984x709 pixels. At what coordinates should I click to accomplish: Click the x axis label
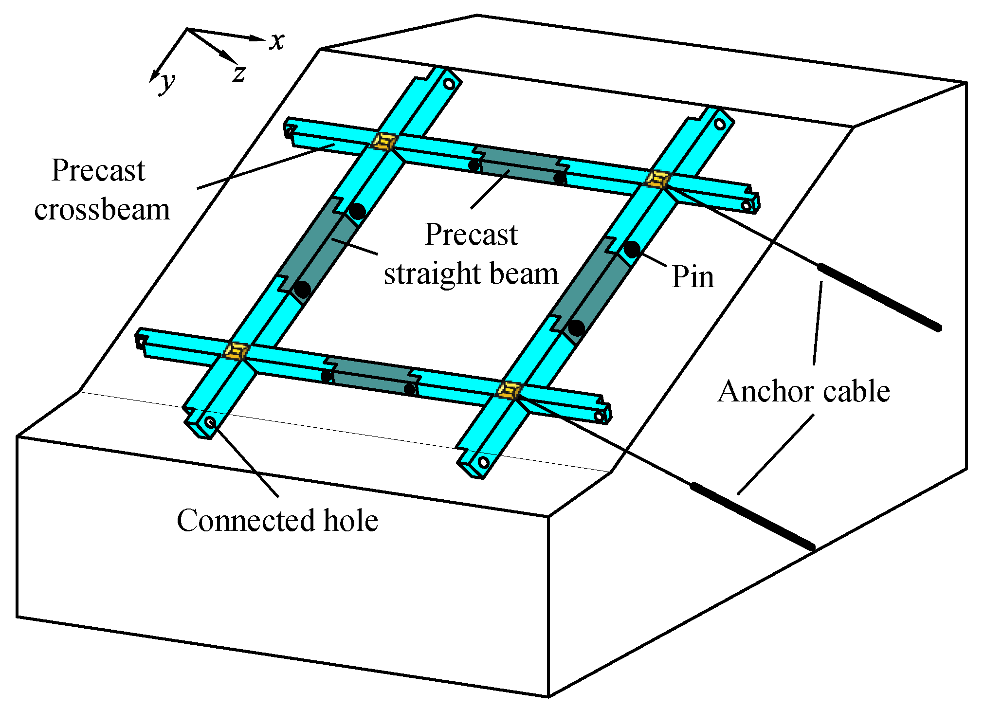click(277, 41)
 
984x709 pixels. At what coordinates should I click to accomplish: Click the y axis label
click(167, 83)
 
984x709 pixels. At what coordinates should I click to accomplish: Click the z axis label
click(239, 74)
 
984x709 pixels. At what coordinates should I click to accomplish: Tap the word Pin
click(692, 277)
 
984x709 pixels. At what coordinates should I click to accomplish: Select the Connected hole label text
click(277, 520)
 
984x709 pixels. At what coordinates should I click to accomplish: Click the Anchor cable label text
click(803, 391)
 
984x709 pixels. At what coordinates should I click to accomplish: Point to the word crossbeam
click(102, 210)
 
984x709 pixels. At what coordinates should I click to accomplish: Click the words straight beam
click(471, 273)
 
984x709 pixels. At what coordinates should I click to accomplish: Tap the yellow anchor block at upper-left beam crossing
click(384, 142)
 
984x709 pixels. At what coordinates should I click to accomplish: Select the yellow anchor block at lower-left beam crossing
click(237, 350)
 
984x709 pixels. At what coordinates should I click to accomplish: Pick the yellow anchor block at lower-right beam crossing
click(509, 390)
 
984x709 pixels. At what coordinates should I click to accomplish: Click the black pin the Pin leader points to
click(632, 250)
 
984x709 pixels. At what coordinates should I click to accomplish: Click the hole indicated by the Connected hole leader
click(210, 422)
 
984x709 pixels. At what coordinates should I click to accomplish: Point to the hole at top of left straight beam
click(449, 84)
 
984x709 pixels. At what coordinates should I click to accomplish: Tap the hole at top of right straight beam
click(719, 124)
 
